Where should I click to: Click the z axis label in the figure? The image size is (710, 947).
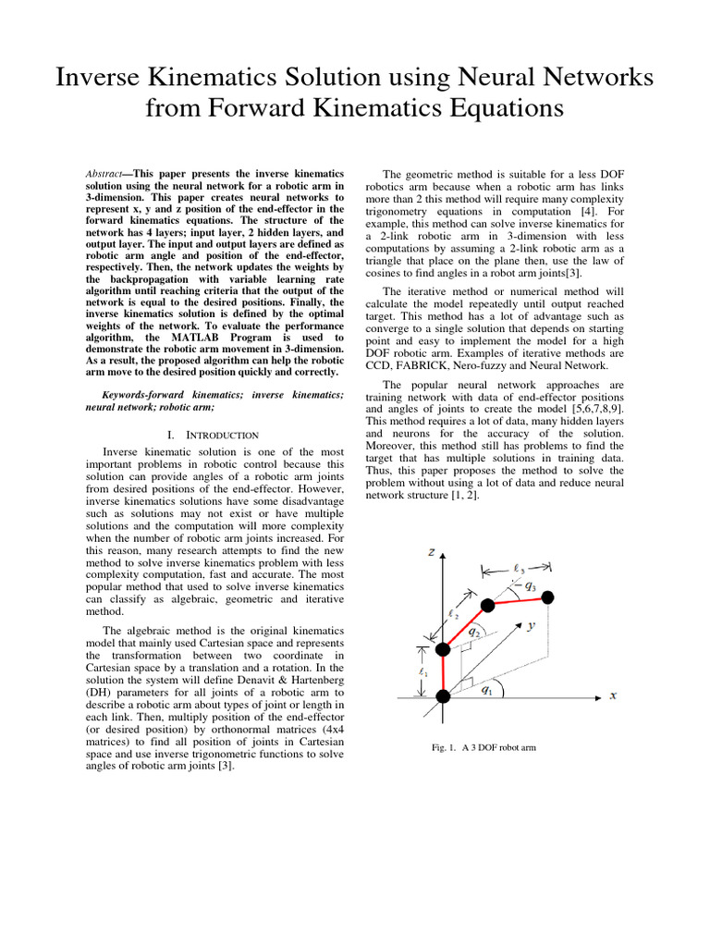coord(432,552)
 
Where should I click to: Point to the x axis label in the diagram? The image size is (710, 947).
coord(613,695)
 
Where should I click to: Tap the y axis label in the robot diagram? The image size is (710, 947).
coord(532,626)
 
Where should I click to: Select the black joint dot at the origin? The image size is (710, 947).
coord(443,696)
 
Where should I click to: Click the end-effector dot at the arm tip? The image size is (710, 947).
coord(548,596)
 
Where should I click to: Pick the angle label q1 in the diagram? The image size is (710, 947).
coord(486,690)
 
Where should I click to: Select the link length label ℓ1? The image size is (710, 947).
coord(423,672)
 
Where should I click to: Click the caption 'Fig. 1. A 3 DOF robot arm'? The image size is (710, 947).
coord(484,747)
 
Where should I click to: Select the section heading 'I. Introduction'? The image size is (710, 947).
coord(214,435)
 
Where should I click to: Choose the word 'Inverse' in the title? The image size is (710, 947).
coord(106,78)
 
